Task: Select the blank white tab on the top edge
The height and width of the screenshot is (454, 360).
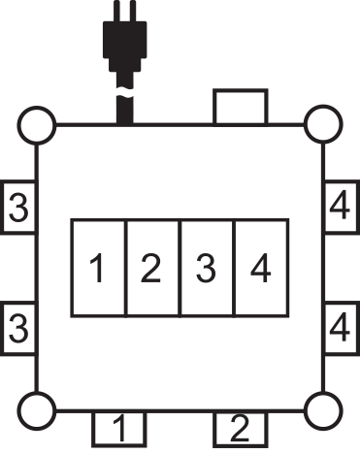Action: [242, 108]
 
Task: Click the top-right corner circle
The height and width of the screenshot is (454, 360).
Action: [322, 125]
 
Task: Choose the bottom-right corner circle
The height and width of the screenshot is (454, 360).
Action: [322, 411]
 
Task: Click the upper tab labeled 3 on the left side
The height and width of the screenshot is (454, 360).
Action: [17, 208]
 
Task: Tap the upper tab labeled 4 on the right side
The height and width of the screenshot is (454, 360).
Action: [340, 208]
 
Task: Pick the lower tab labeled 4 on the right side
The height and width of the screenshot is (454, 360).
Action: [340, 328]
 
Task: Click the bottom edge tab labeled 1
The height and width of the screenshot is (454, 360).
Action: [119, 426]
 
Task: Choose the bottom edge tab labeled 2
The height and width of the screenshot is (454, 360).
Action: [240, 426]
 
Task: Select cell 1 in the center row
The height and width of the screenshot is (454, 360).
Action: [98, 268]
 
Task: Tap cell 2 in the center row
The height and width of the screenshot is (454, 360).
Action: [152, 268]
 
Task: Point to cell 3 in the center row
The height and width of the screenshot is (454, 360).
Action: [207, 268]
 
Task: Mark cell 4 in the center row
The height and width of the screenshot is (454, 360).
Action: [261, 268]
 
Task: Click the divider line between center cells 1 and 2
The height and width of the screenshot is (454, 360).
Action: [125, 268]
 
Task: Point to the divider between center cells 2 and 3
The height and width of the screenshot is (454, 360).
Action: [180, 268]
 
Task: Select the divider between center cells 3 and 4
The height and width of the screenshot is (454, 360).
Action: [234, 268]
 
